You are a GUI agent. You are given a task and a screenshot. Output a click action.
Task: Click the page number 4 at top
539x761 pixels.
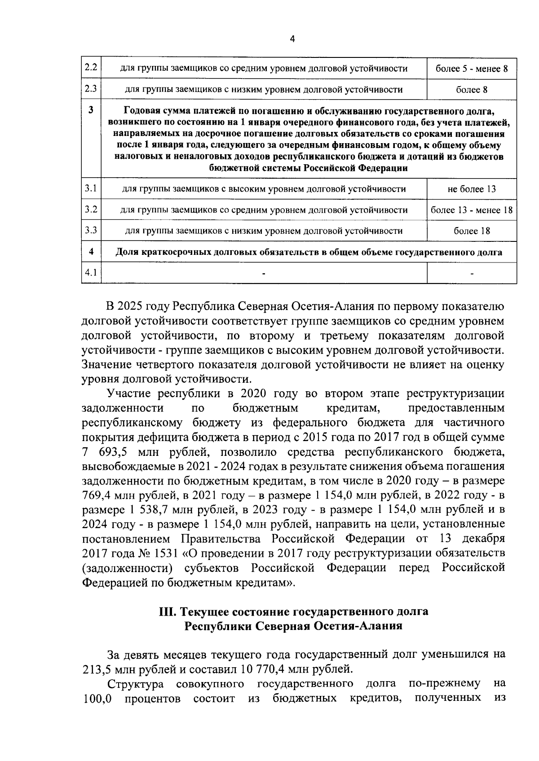click(292, 39)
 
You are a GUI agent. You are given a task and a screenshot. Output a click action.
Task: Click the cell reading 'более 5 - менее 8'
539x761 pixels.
click(472, 69)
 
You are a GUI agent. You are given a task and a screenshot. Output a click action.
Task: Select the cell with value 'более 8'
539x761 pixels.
click(472, 90)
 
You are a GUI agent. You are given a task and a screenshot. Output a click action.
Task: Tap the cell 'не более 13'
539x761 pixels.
click(472, 189)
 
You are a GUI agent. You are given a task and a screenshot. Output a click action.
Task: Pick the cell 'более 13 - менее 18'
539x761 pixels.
click(472, 210)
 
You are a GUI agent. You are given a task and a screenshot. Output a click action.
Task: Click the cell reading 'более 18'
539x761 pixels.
click(472, 231)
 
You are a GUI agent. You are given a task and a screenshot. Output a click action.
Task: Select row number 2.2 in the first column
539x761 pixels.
click(91, 68)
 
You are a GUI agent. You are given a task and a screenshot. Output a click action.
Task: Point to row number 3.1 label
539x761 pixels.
click(91, 188)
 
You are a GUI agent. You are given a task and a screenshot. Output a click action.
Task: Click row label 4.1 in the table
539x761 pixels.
click(91, 273)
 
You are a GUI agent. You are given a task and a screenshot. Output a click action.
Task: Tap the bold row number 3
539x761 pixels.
click(91, 109)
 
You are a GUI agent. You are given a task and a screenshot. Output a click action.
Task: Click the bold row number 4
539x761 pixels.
click(91, 252)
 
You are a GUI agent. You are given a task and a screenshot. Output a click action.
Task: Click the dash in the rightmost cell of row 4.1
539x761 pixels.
click(472, 273)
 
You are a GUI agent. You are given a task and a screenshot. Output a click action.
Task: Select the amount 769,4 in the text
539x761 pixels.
click(96, 495)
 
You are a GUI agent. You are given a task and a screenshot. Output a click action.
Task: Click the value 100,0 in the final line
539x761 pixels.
click(97, 699)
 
